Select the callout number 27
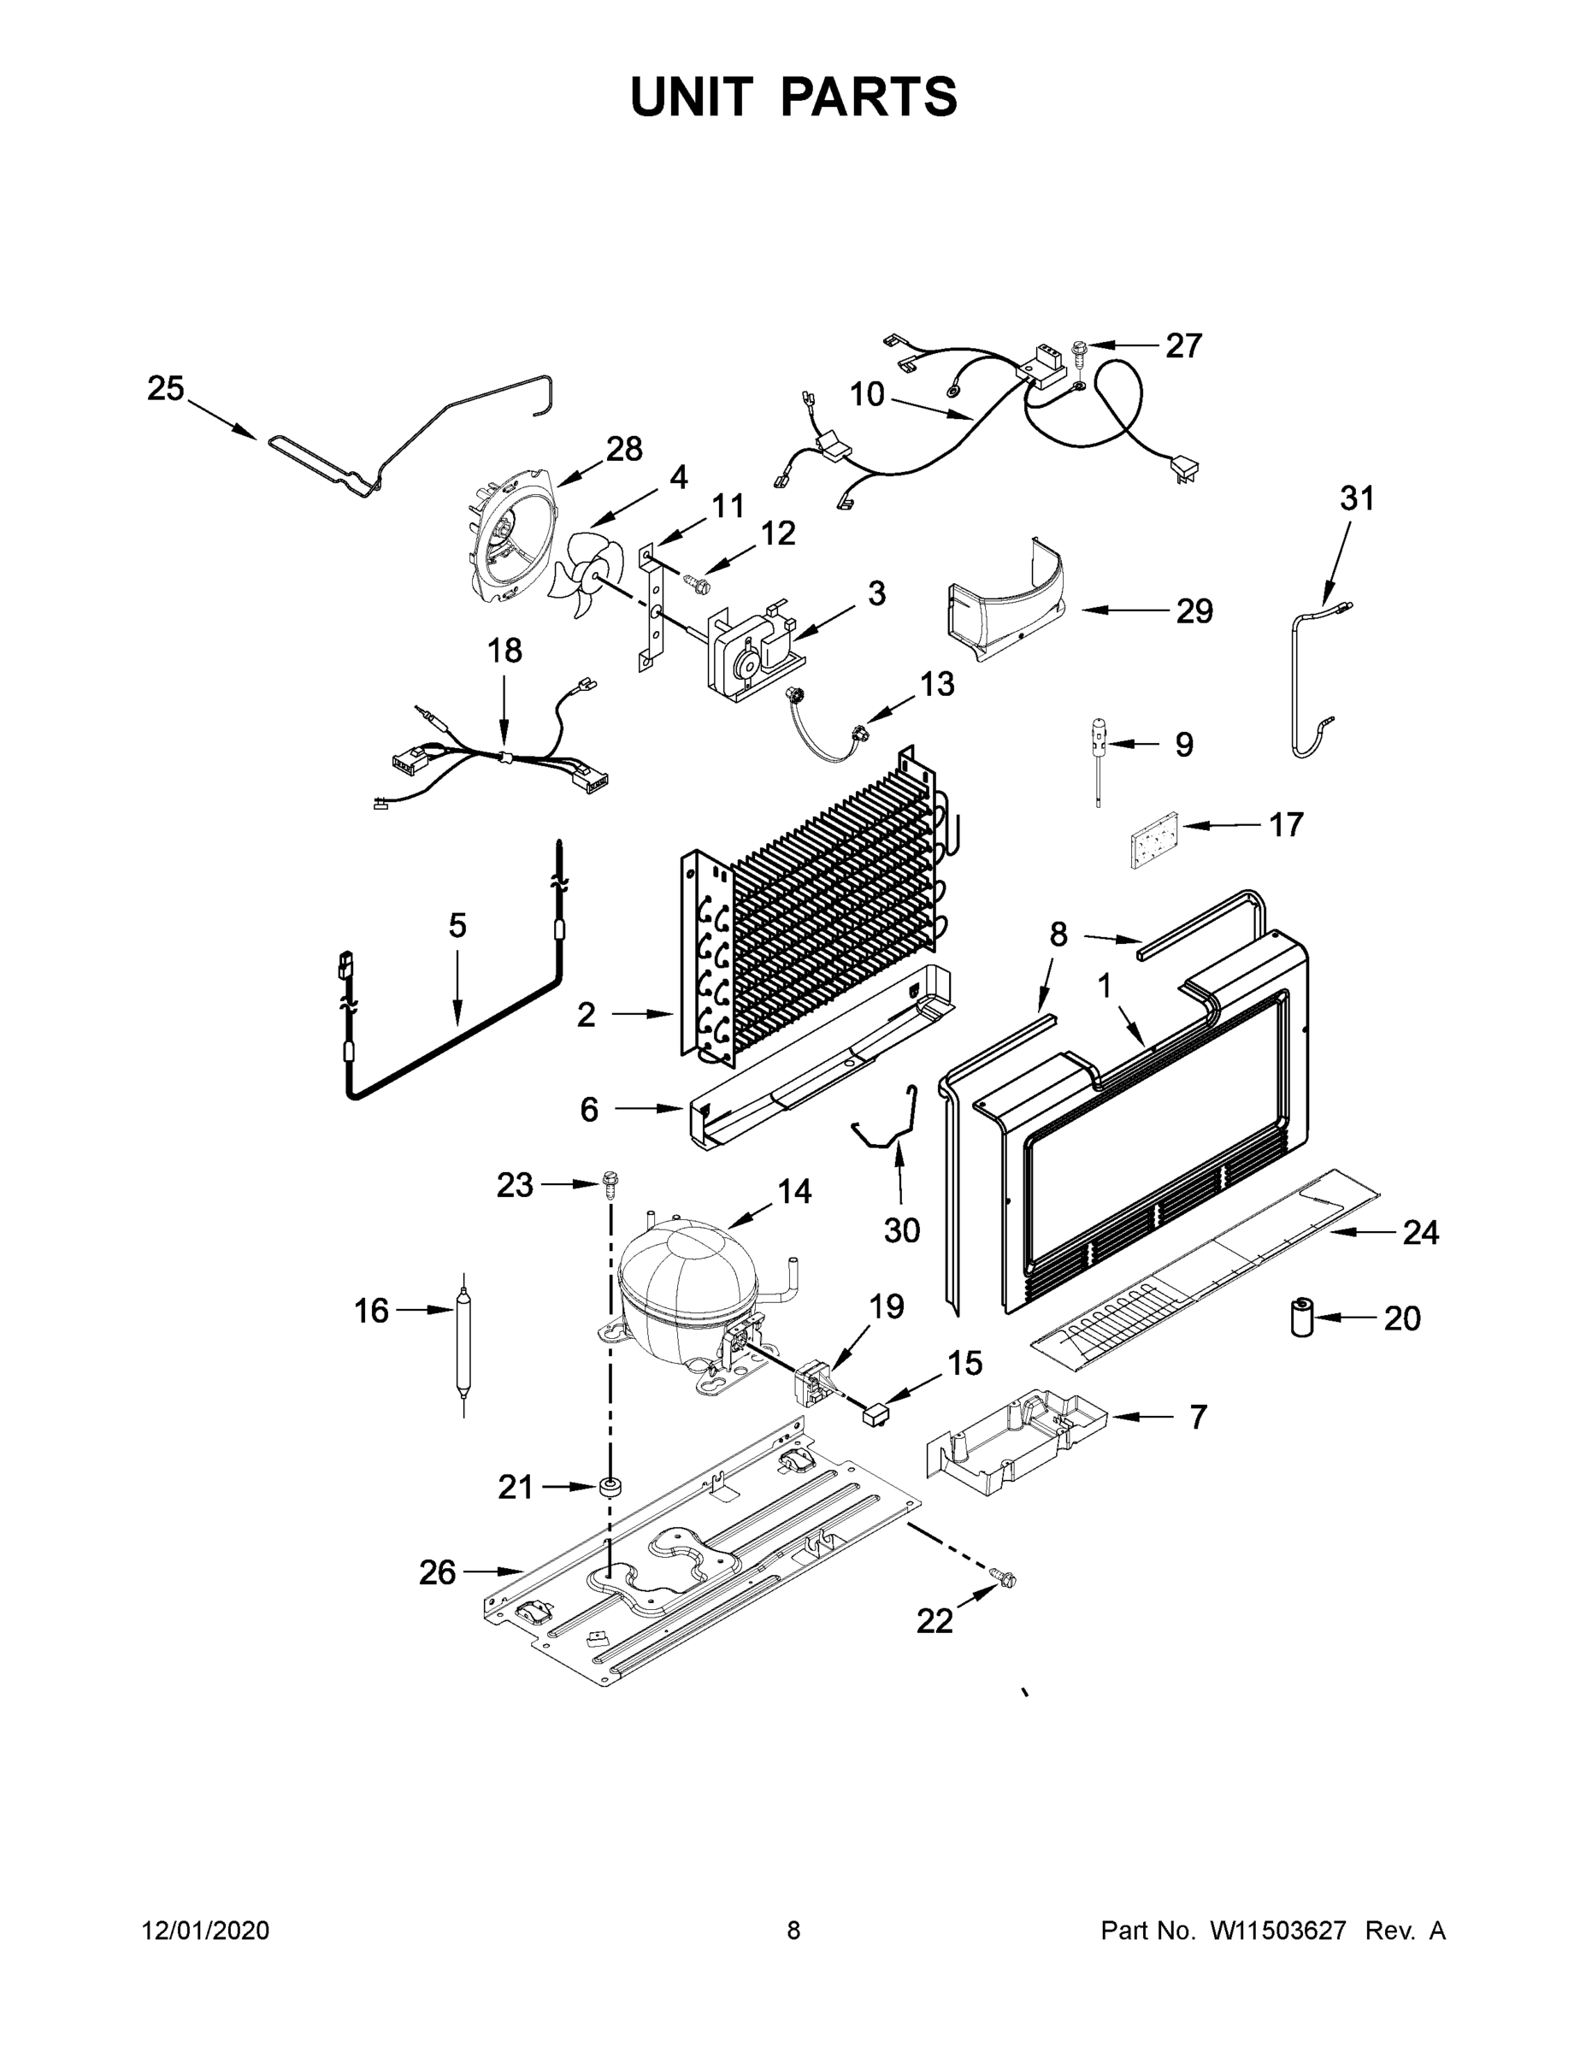click(x=1183, y=345)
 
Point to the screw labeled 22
click(x=1005, y=1579)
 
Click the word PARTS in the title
click(x=870, y=97)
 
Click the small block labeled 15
click(x=876, y=1412)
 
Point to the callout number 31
click(x=1356, y=498)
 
